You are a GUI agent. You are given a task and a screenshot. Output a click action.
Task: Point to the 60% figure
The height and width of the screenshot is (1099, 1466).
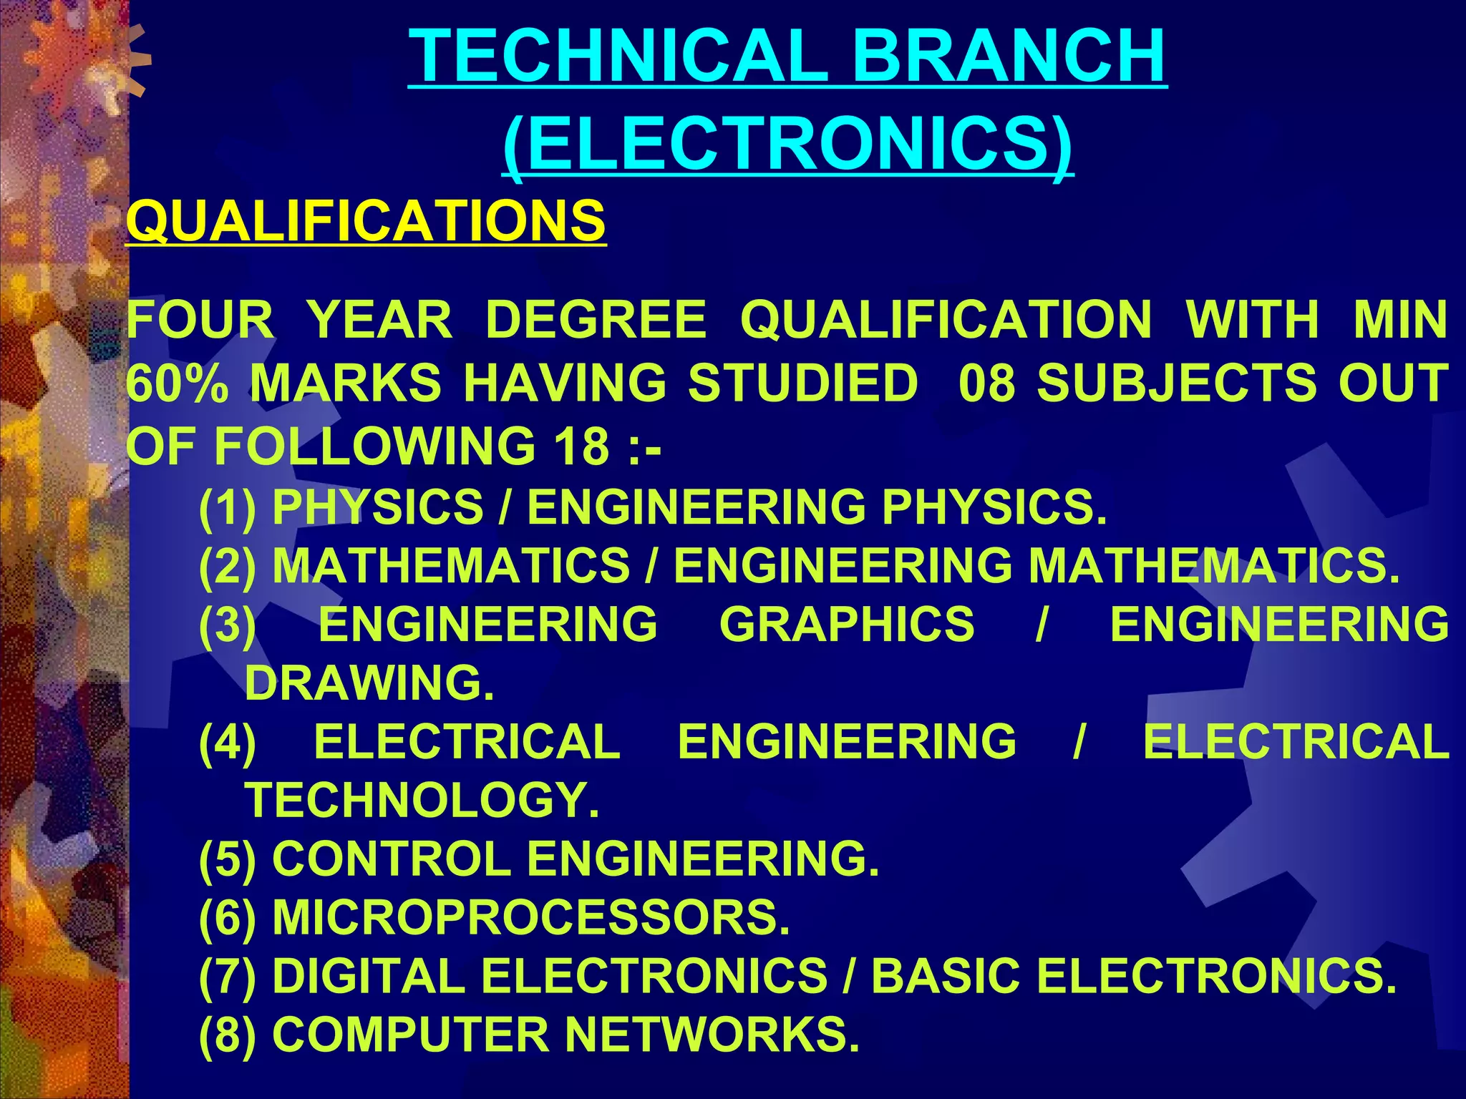point(178,383)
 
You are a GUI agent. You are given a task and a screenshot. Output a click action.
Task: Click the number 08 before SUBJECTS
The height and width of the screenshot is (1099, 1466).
point(986,383)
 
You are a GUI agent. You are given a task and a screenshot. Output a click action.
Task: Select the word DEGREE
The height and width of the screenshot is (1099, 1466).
point(596,320)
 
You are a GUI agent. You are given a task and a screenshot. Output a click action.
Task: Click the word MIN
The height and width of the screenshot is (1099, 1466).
point(1400,320)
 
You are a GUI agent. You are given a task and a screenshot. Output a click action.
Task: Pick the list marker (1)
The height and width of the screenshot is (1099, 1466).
point(227,507)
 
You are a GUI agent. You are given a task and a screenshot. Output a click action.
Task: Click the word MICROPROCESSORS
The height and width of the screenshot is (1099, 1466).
point(530,917)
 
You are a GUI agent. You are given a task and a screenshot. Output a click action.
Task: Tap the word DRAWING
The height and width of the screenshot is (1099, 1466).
point(369,683)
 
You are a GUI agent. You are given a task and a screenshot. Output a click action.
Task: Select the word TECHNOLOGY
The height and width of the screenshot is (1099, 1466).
point(422,800)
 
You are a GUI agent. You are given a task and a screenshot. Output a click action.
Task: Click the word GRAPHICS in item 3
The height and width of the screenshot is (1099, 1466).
point(847,624)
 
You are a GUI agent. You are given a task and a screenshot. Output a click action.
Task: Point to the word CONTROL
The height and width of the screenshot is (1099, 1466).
point(392,859)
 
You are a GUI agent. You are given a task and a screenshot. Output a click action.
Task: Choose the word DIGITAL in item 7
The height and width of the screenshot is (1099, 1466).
point(369,976)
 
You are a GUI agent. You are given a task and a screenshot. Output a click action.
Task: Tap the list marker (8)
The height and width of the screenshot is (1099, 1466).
point(227,1035)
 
